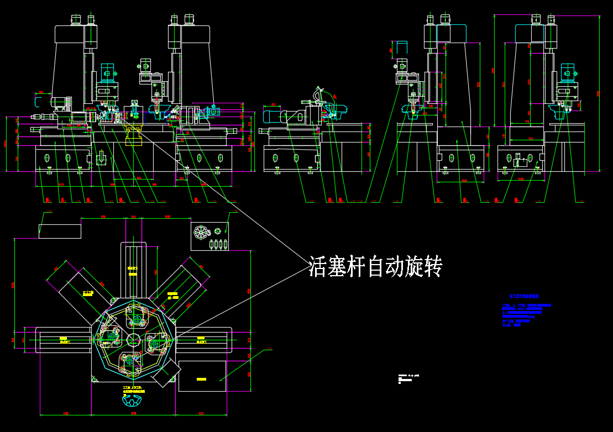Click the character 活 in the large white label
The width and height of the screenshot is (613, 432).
click(318, 266)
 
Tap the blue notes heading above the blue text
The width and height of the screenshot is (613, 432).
click(523, 297)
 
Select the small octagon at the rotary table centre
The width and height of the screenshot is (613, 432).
click(134, 339)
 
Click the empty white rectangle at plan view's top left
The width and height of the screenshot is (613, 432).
click(60, 230)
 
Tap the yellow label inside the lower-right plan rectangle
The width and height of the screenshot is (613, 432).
click(201, 380)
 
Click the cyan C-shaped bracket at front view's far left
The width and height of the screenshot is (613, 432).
click(38, 101)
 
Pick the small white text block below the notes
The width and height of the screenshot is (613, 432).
click(408, 378)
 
